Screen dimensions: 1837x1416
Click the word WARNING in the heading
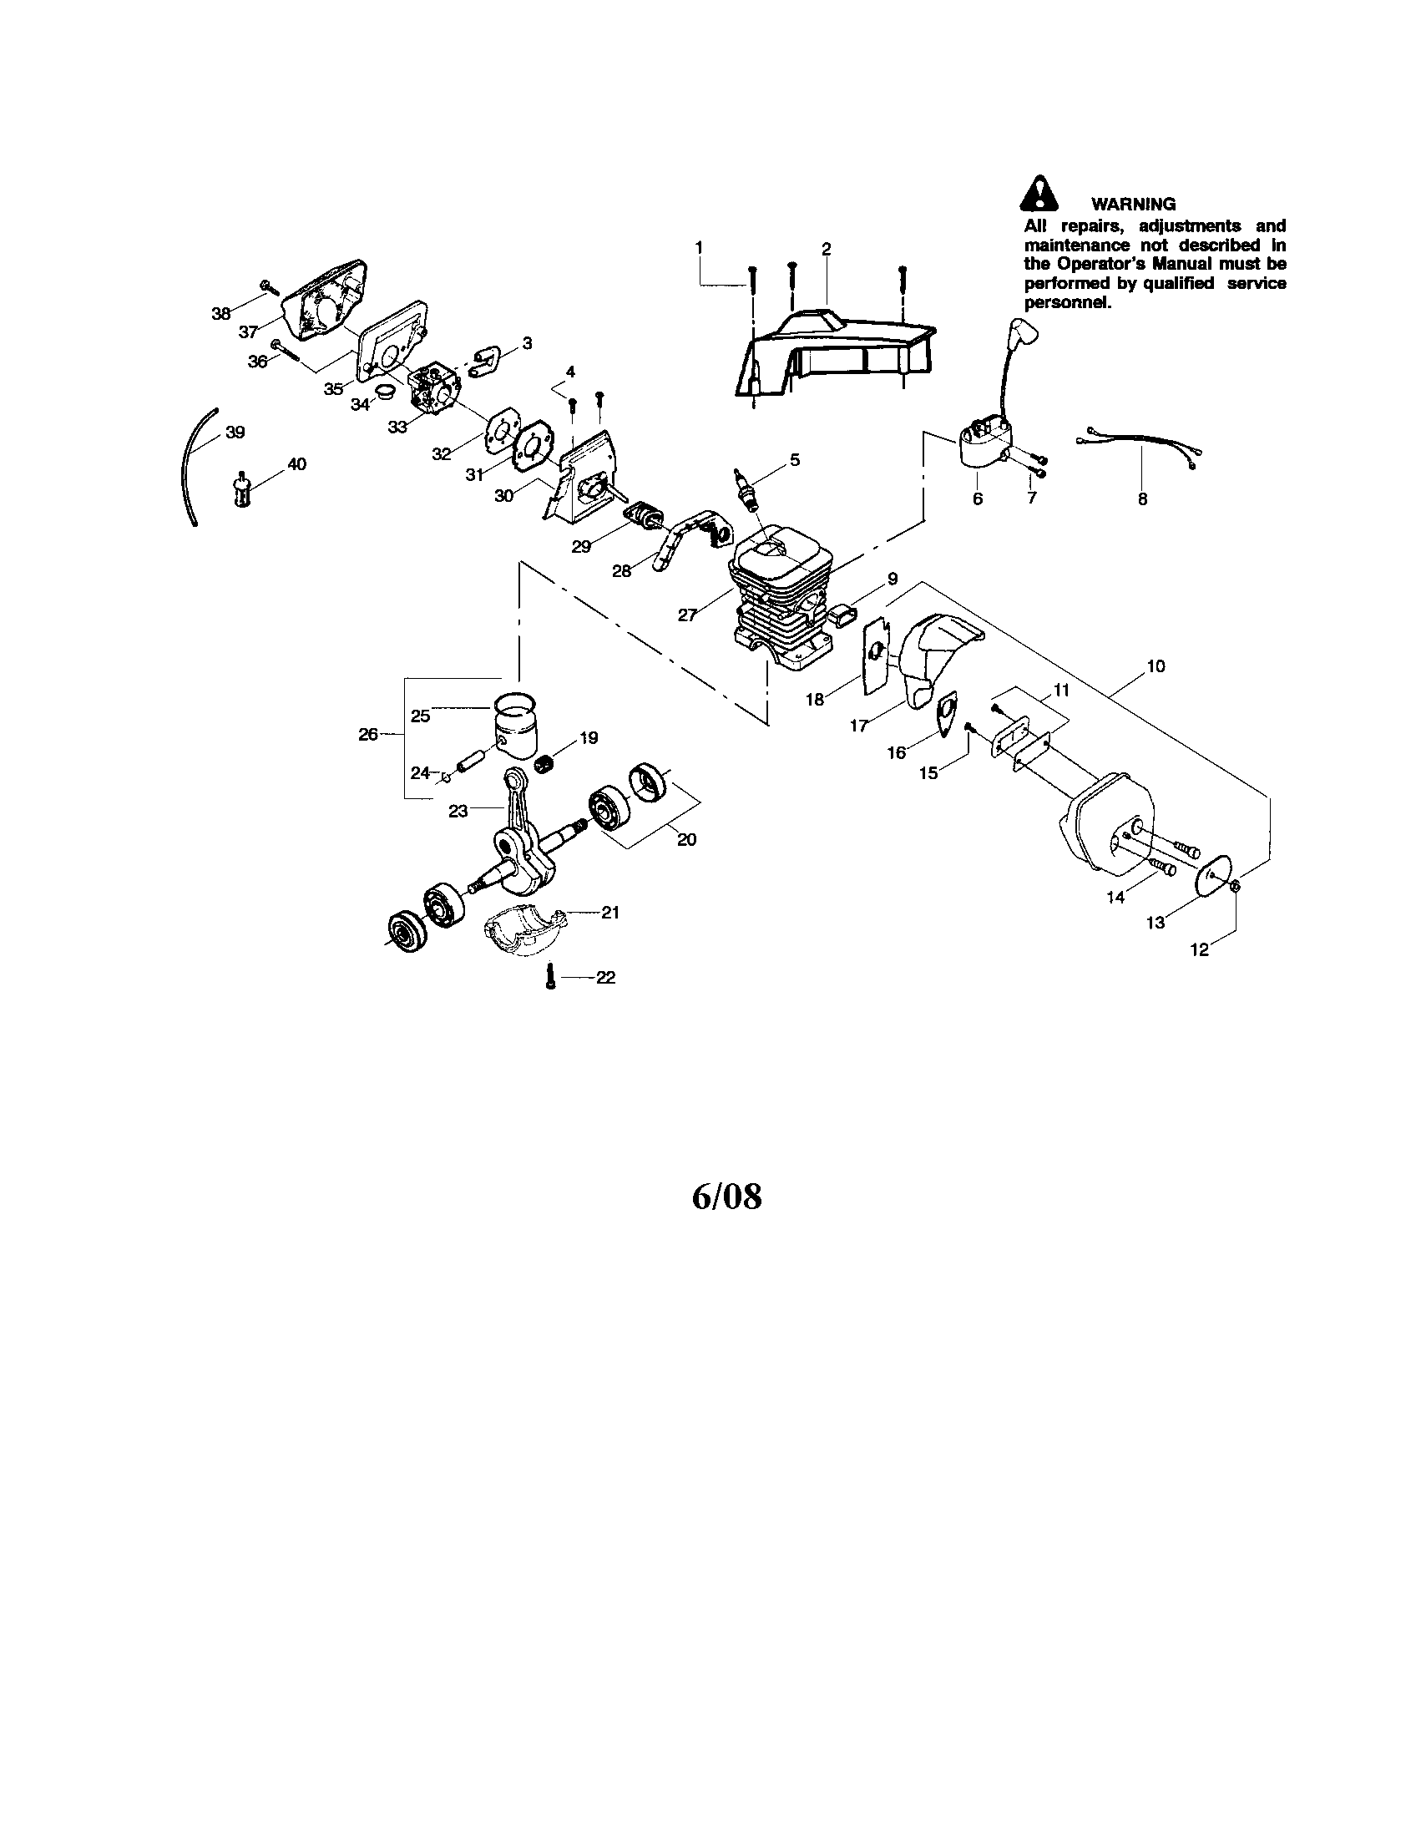coord(1133,204)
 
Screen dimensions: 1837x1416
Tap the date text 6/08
coord(726,1196)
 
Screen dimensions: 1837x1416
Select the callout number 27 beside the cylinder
coord(687,615)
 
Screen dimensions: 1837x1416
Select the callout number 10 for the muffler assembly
coord(1156,666)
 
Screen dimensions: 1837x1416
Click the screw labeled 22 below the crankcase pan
coord(550,978)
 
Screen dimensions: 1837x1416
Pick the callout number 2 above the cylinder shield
coord(826,249)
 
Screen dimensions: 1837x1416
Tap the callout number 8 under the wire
coord(1142,498)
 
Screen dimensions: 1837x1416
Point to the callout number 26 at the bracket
coord(368,734)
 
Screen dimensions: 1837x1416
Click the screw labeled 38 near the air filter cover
coord(270,288)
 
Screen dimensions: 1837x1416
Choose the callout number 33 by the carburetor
coord(397,427)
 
